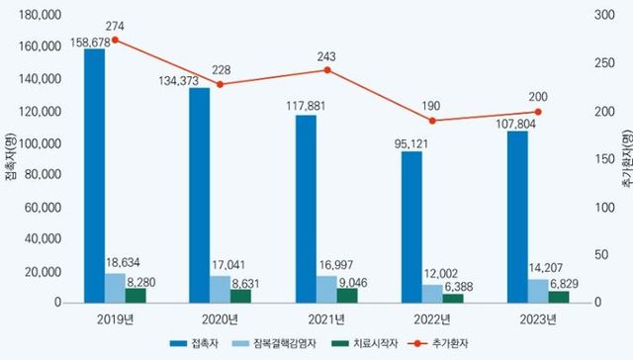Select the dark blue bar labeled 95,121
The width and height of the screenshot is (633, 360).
coord(411,226)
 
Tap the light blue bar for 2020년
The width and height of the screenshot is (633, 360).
coord(221,288)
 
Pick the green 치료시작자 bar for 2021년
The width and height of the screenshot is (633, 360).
coord(347,295)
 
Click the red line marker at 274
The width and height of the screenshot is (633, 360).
coord(115,41)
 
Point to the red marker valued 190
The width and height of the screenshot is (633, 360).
coord(432,121)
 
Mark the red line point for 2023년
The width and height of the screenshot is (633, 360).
coord(538,112)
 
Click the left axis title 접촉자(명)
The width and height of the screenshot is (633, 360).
coord(8,158)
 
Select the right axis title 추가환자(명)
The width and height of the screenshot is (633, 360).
coord(625,158)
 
